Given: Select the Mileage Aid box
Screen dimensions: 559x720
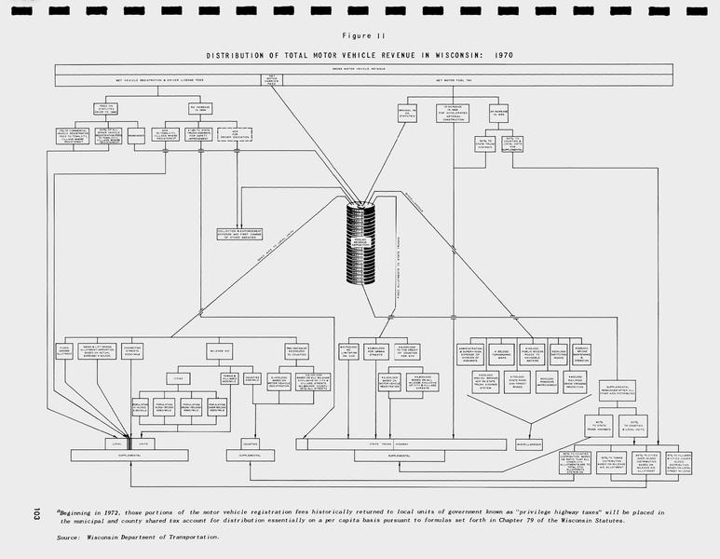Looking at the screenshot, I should [220, 351].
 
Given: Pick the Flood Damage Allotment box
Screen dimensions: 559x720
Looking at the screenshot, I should [64, 351].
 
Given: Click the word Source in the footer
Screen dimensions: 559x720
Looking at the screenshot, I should [67, 538].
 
